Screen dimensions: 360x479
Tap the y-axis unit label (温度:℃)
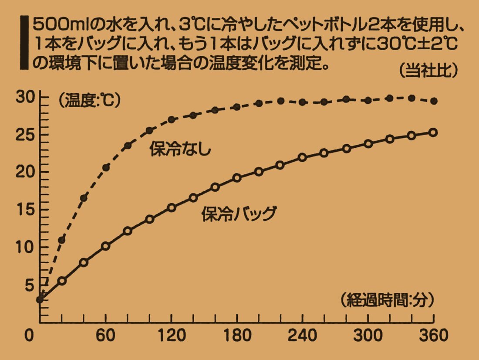tap(89, 101)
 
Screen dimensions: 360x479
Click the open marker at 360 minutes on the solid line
tap(433, 132)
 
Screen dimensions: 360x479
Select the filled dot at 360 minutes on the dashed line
tap(433, 101)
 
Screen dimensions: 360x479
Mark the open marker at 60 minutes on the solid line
tap(105, 246)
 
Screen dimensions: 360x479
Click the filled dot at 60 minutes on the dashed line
tap(106, 167)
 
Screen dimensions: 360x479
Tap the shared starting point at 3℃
tap(40, 299)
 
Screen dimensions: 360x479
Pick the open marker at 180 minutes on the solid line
tap(237, 178)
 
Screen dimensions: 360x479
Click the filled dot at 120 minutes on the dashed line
tap(171, 119)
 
